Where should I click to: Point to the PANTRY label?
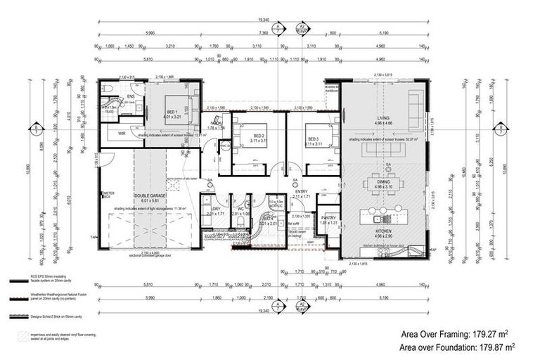pos(328,218)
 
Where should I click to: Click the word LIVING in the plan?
pos(383,119)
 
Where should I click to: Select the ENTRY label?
pos(302,191)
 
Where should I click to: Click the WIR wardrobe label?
pos(122,132)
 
